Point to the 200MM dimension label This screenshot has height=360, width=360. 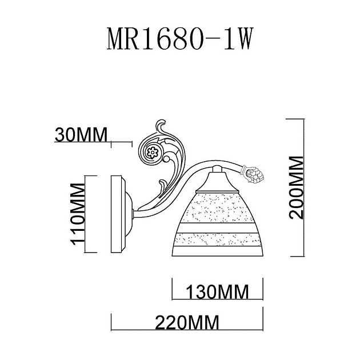[297, 187]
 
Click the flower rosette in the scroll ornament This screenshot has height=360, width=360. [153, 152]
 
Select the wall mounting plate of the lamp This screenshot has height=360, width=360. [117, 214]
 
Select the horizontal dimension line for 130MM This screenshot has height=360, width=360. [217, 299]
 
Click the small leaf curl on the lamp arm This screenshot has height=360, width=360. [162, 186]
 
